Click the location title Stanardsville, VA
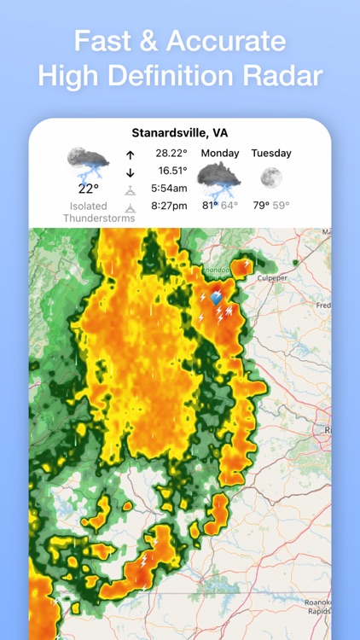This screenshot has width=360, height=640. pos(179,133)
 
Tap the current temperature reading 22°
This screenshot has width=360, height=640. pos(89,189)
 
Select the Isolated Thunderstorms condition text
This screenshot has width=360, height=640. pos(88,212)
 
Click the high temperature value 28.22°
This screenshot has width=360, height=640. pos(171,154)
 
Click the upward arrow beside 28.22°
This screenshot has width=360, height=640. pos(130,155)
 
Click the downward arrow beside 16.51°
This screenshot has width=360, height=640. pos(130,172)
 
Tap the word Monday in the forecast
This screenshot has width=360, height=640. pos(220,154)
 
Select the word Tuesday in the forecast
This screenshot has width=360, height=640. pos(271,154)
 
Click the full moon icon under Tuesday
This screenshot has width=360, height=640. pos(271,177)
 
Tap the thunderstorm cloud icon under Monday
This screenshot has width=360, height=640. pos(219,179)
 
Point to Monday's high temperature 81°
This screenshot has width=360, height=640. pos(209,206)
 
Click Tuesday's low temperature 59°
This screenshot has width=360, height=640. pos(281,206)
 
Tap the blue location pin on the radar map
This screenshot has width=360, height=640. pos(216,298)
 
